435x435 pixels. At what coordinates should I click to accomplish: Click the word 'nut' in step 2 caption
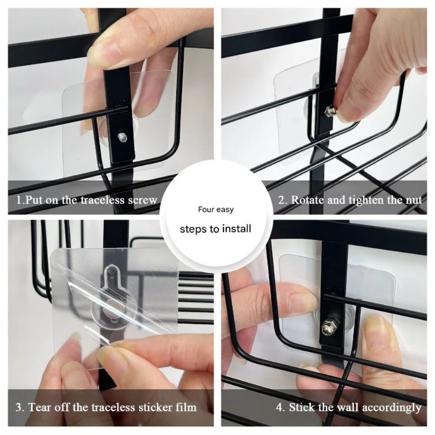pyautogui.click(x=413, y=200)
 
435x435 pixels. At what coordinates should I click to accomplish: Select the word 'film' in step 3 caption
pyautogui.click(x=186, y=408)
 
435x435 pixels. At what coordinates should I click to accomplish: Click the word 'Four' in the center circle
pyautogui.click(x=206, y=210)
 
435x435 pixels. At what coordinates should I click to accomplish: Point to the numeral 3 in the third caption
pyautogui.click(x=19, y=408)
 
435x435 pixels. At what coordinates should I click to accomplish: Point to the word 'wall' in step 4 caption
pyautogui.click(x=343, y=408)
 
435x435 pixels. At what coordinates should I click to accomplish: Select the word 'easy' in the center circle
pyautogui.click(x=225, y=210)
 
